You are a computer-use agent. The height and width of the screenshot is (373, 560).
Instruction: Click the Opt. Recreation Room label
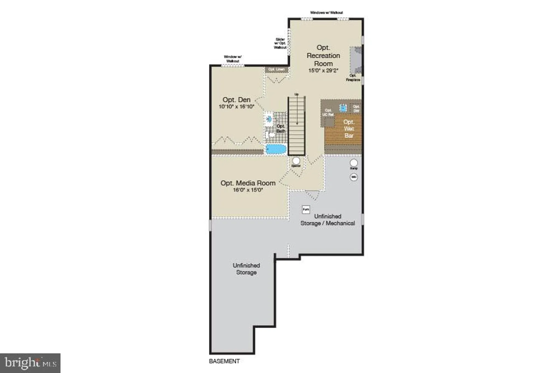(323, 56)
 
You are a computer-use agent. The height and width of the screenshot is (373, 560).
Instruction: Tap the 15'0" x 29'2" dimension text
(323, 71)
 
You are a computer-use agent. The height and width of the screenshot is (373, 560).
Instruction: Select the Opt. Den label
(236, 100)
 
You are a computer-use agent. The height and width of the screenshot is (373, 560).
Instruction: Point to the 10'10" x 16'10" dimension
(236, 107)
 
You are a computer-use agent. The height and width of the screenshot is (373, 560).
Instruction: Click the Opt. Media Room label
(248, 183)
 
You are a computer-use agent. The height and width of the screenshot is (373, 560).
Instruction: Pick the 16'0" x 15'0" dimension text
(248, 190)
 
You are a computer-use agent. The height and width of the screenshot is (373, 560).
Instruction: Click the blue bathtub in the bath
(276, 149)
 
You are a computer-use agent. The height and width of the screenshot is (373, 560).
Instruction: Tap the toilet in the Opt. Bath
(270, 135)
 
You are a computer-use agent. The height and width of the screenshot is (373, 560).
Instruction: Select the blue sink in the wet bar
(343, 108)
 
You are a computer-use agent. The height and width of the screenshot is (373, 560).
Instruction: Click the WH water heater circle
(354, 177)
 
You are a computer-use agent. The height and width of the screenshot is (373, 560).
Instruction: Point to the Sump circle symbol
(354, 163)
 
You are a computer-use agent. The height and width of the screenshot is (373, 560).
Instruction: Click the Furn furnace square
(306, 209)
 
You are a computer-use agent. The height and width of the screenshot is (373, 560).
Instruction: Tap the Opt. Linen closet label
(276, 69)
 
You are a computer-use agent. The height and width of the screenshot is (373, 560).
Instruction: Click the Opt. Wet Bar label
(349, 129)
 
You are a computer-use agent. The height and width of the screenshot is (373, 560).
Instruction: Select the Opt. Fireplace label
(353, 78)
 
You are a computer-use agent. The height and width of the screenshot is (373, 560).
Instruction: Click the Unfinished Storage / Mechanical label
(328, 220)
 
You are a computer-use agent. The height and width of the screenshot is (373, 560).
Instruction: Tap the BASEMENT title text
(224, 361)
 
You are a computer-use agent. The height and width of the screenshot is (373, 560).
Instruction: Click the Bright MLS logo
(30, 363)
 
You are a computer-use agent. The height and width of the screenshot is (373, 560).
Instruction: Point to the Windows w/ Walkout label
(326, 13)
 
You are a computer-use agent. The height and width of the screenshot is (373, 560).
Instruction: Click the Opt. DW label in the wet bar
(356, 109)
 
